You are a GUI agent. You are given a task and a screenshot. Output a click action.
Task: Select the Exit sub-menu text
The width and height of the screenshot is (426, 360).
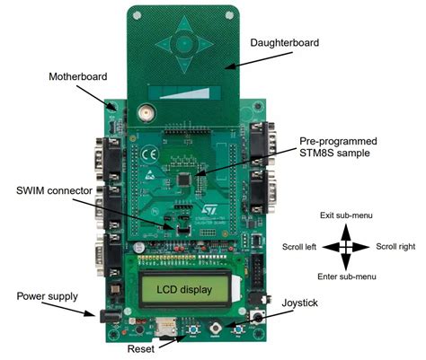[x=347, y=216]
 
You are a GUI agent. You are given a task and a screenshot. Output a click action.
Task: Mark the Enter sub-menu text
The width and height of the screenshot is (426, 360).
[x=347, y=275]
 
